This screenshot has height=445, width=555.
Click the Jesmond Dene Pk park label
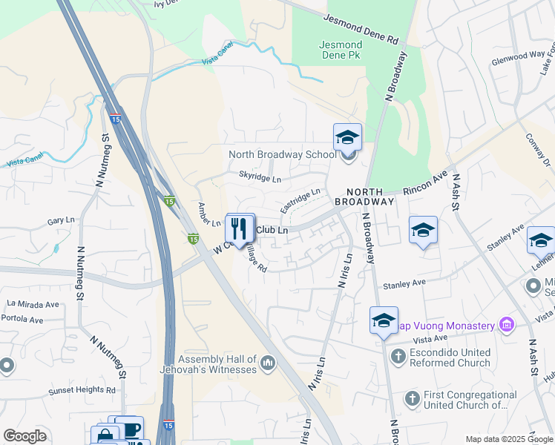coord(341,50)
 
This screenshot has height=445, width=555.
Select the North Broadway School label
coord(282,154)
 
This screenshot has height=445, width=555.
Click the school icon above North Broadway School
coord(347,137)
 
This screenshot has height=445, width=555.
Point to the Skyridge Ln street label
coord(260,179)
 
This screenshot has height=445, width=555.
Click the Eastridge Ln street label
coord(300,197)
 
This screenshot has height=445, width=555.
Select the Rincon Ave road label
coord(425,185)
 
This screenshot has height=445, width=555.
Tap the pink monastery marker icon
coord(506,324)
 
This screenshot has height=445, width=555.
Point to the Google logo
coord(24,436)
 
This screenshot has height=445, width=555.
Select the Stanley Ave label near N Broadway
coord(404,283)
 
